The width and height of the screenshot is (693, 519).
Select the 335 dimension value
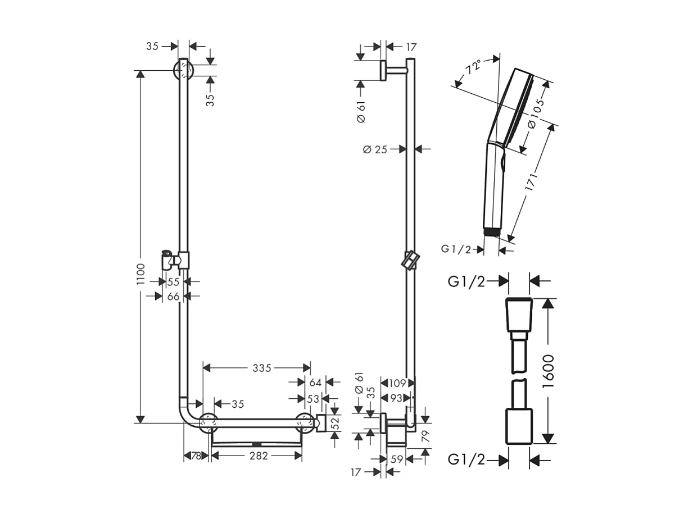[x=262, y=368]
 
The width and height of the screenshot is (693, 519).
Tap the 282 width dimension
[x=258, y=456]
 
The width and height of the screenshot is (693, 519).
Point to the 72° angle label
[x=473, y=68]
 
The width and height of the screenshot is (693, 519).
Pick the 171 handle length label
[x=532, y=183]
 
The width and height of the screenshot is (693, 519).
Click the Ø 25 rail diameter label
[x=375, y=149]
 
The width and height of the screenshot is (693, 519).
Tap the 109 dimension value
[x=397, y=383]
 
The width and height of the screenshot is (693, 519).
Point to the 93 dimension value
[x=397, y=398]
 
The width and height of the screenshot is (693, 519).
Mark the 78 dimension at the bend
[x=196, y=456]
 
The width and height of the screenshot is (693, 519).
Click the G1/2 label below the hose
[x=466, y=460]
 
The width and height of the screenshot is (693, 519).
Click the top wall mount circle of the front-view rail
[x=184, y=70]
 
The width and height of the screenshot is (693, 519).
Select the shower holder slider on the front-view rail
[x=175, y=259]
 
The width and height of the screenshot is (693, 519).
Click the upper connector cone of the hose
[x=519, y=315]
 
